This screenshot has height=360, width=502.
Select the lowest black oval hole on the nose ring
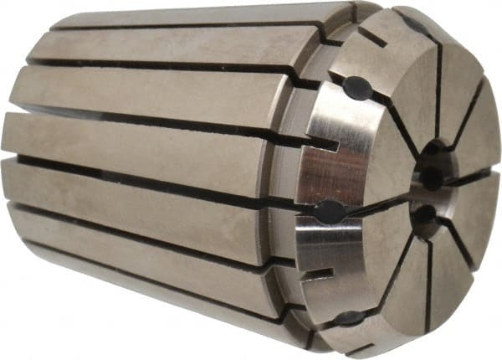tap(346, 318)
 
